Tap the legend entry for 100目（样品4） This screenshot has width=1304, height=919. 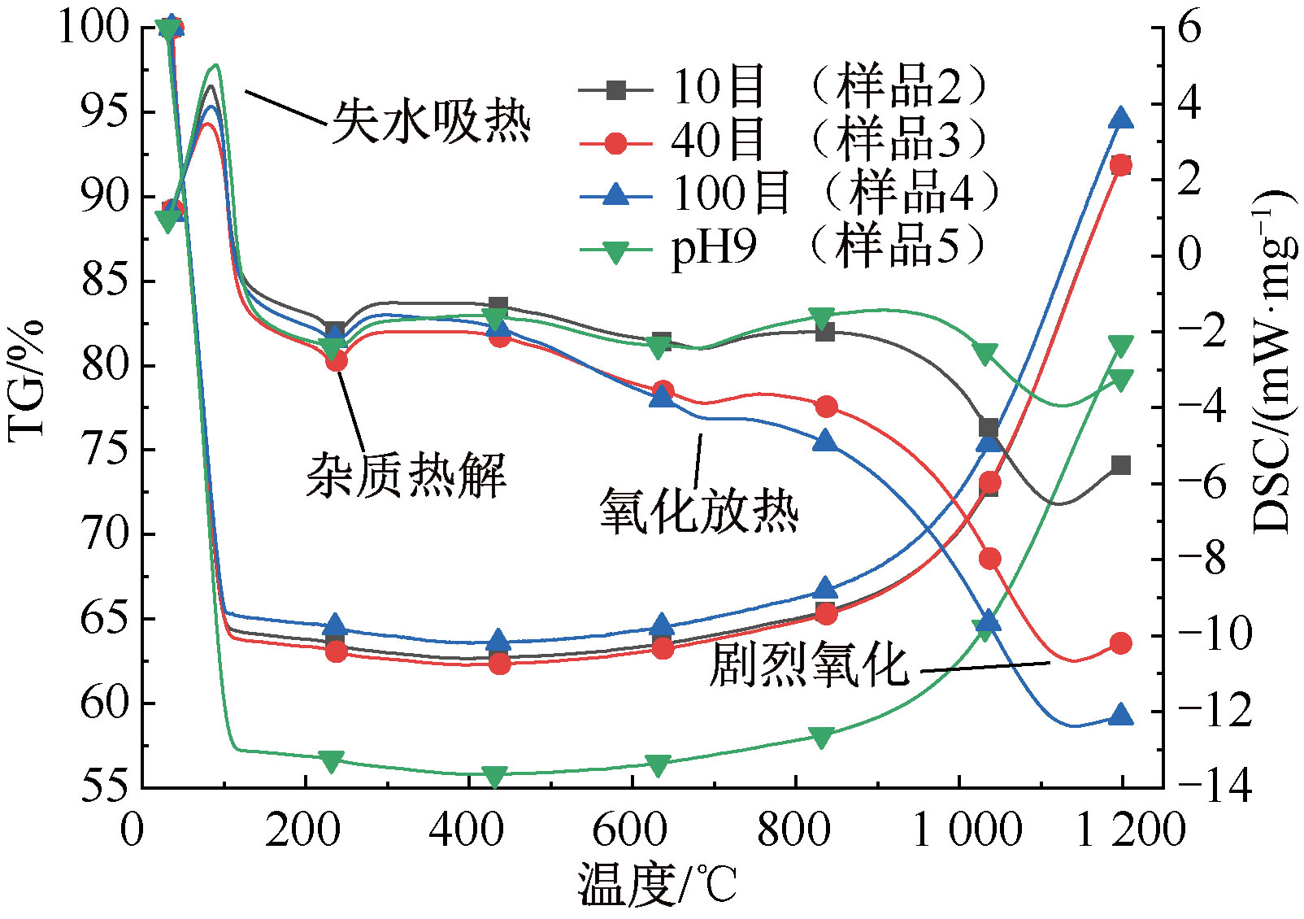click(x=789, y=194)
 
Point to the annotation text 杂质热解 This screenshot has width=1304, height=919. click(x=406, y=475)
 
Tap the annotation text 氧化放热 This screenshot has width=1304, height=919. click(x=699, y=512)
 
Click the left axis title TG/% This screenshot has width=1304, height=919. click(x=26, y=382)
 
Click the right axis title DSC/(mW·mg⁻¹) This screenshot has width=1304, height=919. click(x=1271, y=362)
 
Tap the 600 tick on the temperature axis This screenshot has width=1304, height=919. click(x=631, y=830)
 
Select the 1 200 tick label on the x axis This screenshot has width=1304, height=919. click(x=1131, y=830)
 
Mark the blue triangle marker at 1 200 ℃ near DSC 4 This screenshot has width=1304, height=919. click(x=1121, y=119)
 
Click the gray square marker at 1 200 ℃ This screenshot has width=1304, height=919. click(x=1121, y=465)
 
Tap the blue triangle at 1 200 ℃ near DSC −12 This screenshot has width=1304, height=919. click(x=1121, y=716)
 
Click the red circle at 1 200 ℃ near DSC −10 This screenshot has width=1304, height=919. click(x=1121, y=643)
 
